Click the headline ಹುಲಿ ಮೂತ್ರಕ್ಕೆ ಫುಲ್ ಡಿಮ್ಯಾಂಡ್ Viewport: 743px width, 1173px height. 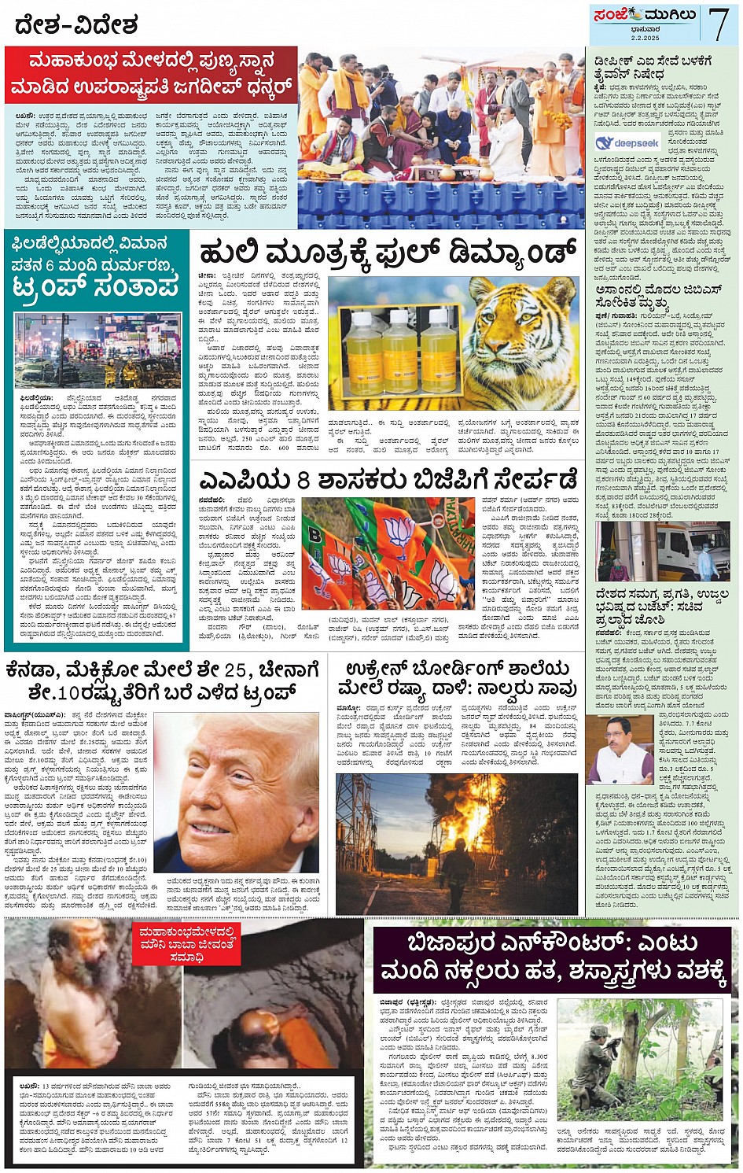pos(388,253)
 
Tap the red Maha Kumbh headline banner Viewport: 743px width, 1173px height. pos(151,74)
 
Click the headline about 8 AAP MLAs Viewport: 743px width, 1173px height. pos(388,478)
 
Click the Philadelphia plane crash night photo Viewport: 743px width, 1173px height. pos(97,350)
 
